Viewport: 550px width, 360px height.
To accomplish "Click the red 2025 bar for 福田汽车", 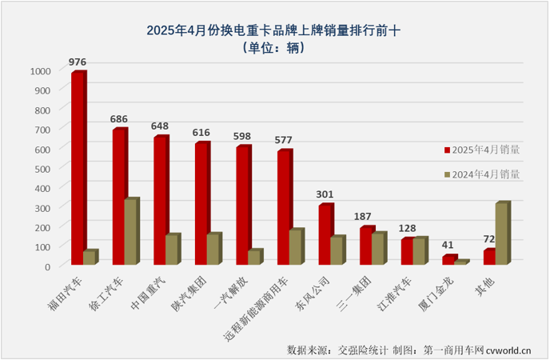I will (78, 169).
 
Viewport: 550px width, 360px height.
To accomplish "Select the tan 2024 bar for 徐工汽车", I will (131, 233).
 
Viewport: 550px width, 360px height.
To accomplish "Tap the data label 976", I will (78, 61).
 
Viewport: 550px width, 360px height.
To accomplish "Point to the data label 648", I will (161, 126).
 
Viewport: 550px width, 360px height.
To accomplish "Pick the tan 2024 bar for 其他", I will (502, 234).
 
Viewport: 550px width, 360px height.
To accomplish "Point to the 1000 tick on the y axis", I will (40, 70).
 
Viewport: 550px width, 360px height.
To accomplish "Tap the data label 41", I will (449, 245).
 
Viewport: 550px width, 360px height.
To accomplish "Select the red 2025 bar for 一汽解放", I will (242, 206).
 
